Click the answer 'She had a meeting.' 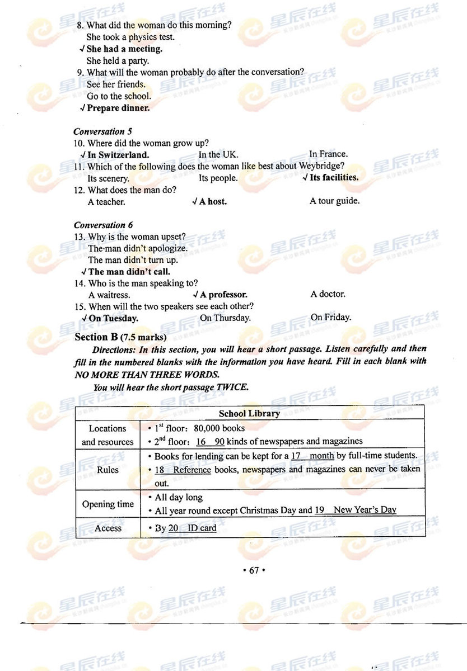point(124,49)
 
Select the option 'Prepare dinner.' point(118,108)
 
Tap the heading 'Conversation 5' point(102,131)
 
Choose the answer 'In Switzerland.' point(118,155)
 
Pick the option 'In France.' point(328,154)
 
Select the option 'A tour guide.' point(334,201)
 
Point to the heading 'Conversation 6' point(103,225)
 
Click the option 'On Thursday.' point(225,318)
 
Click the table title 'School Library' point(249,414)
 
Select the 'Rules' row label point(108,470)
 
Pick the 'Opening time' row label point(108,504)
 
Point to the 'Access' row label point(108,528)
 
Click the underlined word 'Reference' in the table point(192,470)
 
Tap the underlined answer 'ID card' point(202,528)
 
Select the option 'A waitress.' point(109,295)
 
